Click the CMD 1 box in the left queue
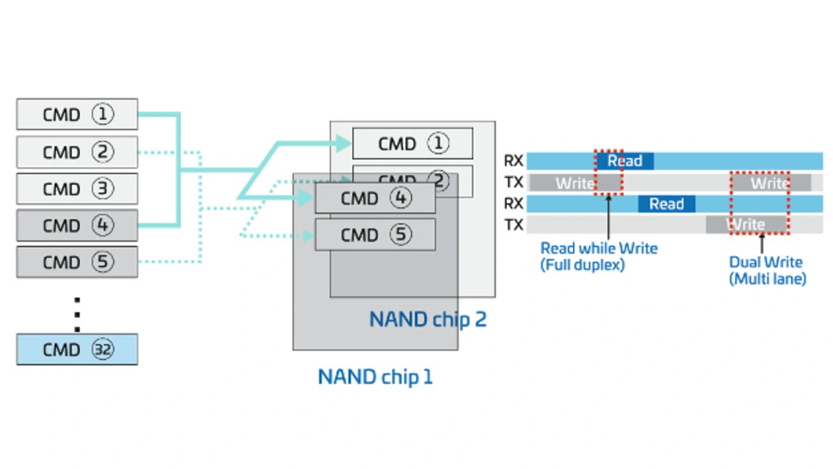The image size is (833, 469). pyautogui.click(x=77, y=114)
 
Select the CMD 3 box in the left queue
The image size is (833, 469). pyautogui.click(x=77, y=189)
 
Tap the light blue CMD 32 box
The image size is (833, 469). pyautogui.click(x=77, y=349)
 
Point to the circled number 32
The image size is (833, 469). pyautogui.click(x=102, y=349)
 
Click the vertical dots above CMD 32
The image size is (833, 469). pyautogui.click(x=77, y=315)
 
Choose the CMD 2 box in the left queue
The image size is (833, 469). pyautogui.click(x=77, y=152)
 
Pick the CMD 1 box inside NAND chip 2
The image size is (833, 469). pyautogui.click(x=413, y=144)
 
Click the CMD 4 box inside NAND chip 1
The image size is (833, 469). pyautogui.click(x=375, y=198)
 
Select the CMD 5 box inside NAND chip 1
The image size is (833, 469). pyautogui.click(x=375, y=235)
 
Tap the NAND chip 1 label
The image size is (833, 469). pyautogui.click(x=375, y=377)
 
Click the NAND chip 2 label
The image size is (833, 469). pyautogui.click(x=428, y=319)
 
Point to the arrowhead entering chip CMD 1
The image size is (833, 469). pyautogui.click(x=341, y=142)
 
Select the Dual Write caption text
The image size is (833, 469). pyautogui.click(x=765, y=262)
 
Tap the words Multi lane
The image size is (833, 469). pyautogui.click(x=767, y=279)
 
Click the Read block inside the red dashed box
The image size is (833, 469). pyautogui.click(x=625, y=161)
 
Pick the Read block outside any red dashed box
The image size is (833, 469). pyautogui.click(x=666, y=204)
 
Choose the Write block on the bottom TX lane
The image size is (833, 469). pyautogui.click(x=746, y=225)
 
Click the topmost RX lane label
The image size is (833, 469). pyautogui.click(x=513, y=161)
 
